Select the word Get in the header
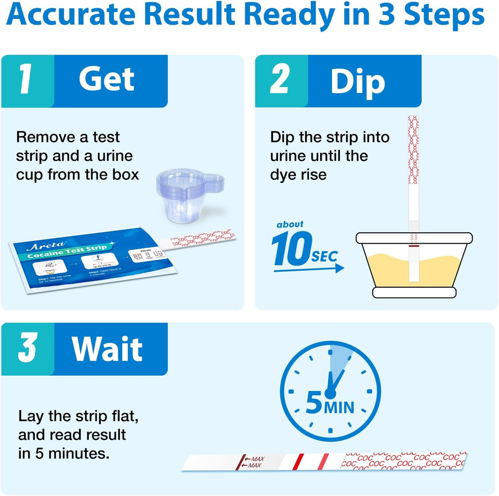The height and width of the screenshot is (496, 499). point(107,79)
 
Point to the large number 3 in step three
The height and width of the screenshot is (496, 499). point(27,348)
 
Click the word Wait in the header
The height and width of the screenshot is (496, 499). point(107,349)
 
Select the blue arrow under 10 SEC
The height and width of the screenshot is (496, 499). point(309,269)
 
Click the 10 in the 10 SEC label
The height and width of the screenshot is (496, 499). point(291,249)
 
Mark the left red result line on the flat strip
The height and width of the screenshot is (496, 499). point(298,461)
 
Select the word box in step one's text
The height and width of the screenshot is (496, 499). point(125,175)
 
